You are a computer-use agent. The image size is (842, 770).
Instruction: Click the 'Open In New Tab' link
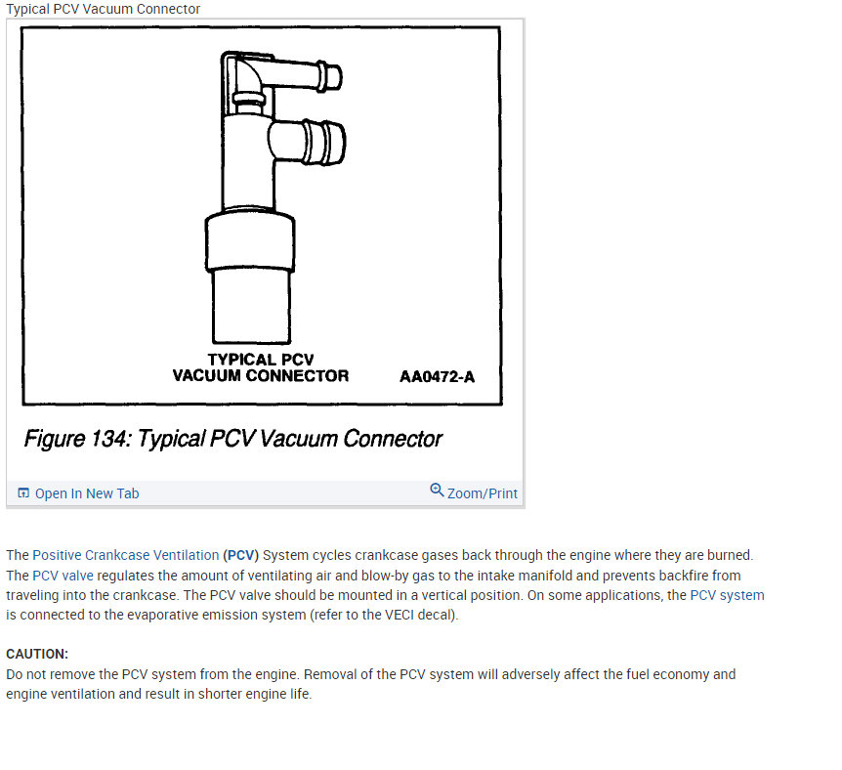click(87, 493)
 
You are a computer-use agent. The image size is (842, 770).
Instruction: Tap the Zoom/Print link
click(483, 493)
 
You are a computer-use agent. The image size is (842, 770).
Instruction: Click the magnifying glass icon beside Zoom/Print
click(437, 491)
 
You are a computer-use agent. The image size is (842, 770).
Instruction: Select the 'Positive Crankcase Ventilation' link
click(126, 555)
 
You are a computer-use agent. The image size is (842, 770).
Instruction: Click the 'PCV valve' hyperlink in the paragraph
click(63, 576)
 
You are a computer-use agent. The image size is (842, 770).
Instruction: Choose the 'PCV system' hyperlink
click(727, 595)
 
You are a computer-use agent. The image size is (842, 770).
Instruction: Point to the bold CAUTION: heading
click(37, 654)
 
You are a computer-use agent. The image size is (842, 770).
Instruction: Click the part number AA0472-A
click(437, 376)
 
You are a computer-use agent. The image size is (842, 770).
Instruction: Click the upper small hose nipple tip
click(333, 77)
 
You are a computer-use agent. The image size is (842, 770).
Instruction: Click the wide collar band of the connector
click(250, 241)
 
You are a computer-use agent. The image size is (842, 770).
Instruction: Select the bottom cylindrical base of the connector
click(251, 306)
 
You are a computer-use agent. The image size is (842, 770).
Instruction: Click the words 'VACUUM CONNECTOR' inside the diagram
click(261, 375)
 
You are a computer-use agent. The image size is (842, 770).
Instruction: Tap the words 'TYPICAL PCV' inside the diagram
click(261, 360)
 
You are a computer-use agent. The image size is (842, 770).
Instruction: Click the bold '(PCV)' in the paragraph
click(241, 555)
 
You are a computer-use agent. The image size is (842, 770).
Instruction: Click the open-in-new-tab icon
click(23, 492)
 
